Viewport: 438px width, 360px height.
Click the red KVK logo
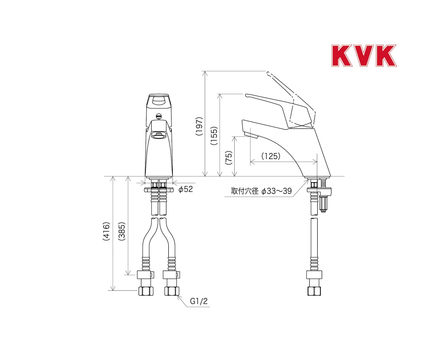click(x=364, y=55)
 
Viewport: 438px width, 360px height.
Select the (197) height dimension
click(x=199, y=126)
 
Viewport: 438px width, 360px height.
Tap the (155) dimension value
click(x=214, y=136)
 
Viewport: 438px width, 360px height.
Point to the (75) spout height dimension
click(x=228, y=158)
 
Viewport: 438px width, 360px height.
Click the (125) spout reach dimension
click(x=271, y=156)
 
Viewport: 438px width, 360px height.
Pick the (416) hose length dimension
click(x=106, y=231)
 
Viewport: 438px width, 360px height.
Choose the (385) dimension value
click(x=121, y=231)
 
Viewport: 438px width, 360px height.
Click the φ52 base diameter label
click(x=186, y=189)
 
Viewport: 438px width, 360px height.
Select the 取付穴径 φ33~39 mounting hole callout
click(x=261, y=191)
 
